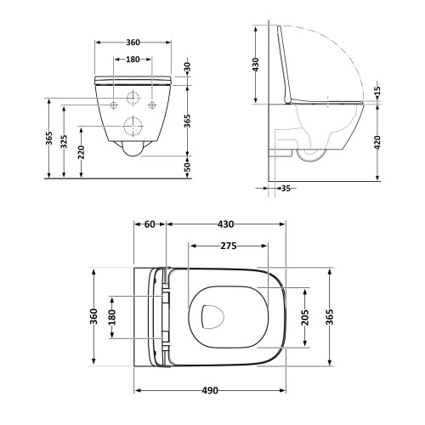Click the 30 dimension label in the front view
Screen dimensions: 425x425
(188, 67)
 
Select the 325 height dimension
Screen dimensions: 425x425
(65, 142)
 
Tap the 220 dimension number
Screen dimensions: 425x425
(82, 152)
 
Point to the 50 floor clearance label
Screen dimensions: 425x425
(188, 167)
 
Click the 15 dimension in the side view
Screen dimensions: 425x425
(377, 91)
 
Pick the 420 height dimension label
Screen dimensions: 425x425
(377, 142)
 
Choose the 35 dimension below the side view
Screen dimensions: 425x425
(286, 188)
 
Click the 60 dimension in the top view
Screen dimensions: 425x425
(150, 224)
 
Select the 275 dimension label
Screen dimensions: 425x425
(229, 246)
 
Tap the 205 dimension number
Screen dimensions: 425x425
(305, 317)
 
